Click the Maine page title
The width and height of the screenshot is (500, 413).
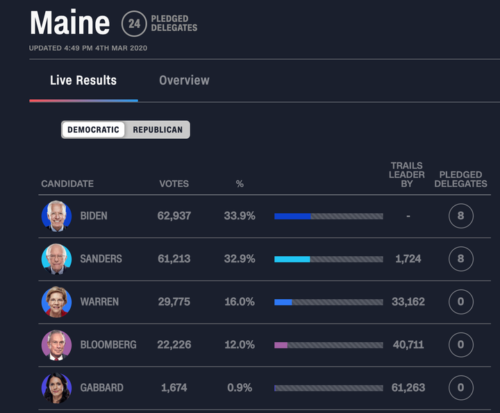point(69,23)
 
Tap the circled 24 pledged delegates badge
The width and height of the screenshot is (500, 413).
point(134,24)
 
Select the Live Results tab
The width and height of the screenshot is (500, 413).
point(83,81)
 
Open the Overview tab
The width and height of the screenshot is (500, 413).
point(184,81)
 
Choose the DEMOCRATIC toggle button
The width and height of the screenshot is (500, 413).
point(94,130)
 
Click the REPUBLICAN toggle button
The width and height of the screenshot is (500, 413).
point(158,130)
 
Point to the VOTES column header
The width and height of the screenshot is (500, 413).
point(174,184)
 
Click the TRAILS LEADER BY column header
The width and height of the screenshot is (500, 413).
point(407,175)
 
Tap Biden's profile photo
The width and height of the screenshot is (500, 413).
point(56,216)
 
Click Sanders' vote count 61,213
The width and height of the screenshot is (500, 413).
point(174,259)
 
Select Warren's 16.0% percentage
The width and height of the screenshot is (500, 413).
point(240,302)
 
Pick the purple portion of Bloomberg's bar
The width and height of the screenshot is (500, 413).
point(281,345)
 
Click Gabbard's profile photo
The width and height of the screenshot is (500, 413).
point(56,387)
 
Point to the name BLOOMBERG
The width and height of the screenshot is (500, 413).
point(108,345)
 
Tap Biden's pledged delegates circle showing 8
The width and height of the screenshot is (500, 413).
point(460,216)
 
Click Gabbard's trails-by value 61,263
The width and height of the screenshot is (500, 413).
point(408,388)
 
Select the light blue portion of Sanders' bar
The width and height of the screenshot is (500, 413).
point(292,259)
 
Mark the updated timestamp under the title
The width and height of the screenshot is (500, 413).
point(87,48)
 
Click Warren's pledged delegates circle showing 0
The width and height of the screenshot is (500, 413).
point(460,302)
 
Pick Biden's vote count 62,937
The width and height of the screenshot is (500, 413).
point(174,216)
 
